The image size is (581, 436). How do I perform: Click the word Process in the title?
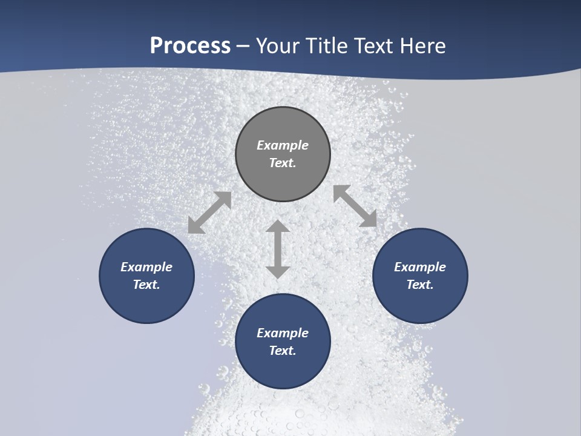(x=190, y=45)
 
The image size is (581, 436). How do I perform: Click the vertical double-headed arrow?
(x=278, y=249)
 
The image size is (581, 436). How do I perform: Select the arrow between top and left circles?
(x=209, y=213)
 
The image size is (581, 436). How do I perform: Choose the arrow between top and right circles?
(x=355, y=206)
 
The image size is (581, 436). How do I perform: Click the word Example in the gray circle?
(x=283, y=145)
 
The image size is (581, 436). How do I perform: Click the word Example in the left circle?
(x=146, y=267)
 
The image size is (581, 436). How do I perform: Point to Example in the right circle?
(x=420, y=267)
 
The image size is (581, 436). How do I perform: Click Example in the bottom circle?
(x=283, y=333)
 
